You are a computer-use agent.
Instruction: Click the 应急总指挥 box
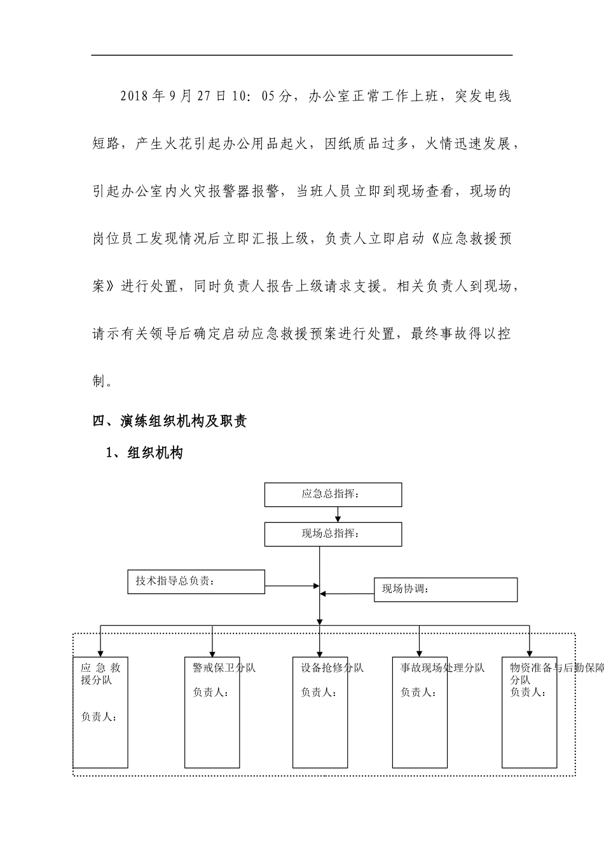point(333,494)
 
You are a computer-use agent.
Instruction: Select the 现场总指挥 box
point(333,534)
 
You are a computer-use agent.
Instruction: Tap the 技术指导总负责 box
point(196,581)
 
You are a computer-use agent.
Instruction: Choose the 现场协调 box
point(445,590)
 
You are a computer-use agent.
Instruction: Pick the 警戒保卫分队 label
point(224,668)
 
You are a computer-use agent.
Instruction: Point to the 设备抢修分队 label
point(332,668)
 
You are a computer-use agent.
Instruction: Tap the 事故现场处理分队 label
point(442,668)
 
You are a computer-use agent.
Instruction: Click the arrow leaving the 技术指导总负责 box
point(291,585)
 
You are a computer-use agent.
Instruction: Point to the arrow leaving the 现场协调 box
point(347,594)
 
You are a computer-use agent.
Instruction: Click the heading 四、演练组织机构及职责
point(170,421)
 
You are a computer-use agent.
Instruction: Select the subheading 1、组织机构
point(145,453)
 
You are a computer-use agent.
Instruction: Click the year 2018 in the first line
point(134,96)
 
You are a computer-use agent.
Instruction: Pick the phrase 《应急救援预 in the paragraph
point(469,239)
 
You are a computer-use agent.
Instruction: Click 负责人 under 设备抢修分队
point(318,692)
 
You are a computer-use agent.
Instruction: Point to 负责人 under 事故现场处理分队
point(418,692)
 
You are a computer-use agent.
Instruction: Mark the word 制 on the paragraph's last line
point(99,382)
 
